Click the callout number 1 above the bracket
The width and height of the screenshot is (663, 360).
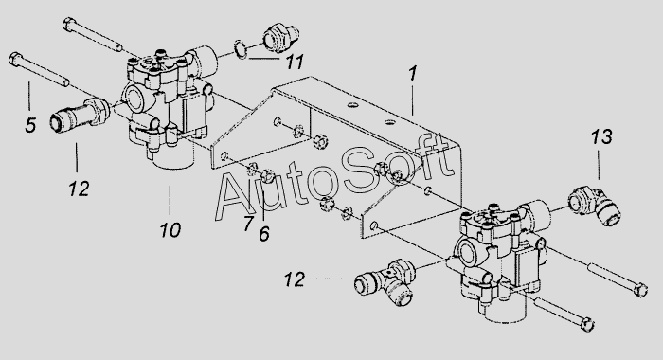point(413,73)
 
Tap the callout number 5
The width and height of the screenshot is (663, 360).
point(30,125)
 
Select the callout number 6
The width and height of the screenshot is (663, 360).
point(264,234)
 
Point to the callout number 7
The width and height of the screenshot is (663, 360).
point(248,224)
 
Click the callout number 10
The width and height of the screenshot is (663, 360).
point(170,230)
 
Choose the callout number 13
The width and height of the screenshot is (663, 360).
point(601,136)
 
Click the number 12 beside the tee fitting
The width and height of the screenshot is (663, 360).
point(295,279)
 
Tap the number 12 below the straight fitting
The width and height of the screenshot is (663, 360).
point(79,189)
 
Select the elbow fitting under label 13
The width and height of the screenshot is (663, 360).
point(594,207)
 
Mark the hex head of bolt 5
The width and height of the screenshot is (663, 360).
point(14,59)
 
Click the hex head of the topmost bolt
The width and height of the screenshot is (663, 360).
point(69,24)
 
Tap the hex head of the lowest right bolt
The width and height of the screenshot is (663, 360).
point(588,324)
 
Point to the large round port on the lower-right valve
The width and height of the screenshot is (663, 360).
point(468,253)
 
